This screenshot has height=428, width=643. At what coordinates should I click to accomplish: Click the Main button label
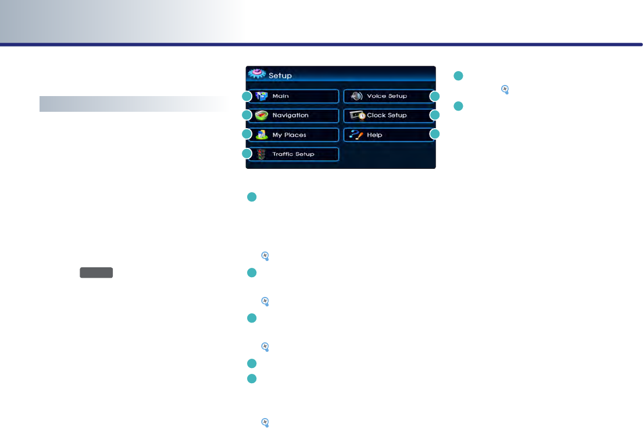point(280,96)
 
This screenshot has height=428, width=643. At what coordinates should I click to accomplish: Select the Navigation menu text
point(290,115)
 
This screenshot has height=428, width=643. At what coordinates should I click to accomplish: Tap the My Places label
point(289,135)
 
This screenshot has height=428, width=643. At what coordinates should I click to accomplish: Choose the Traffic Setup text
point(293,154)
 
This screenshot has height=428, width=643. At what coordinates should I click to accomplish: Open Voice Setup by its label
point(387,96)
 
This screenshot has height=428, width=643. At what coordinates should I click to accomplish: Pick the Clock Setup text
point(387,115)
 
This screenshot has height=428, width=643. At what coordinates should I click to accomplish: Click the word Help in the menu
point(374,135)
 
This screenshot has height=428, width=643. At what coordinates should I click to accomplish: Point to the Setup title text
point(280,76)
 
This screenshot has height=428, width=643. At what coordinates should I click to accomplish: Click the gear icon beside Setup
point(257,74)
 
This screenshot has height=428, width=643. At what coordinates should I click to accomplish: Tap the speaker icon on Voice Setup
point(356,96)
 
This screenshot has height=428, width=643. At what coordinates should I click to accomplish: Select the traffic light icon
point(262,154)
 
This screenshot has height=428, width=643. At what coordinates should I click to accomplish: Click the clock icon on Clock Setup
point(357,115)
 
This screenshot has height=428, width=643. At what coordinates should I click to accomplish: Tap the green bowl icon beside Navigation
point(262,115)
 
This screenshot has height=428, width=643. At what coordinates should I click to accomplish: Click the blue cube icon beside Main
point(262,96)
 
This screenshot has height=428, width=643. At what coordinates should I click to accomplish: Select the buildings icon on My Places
point(262,135)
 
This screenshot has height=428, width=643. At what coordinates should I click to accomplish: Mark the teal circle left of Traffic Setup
point(247,154)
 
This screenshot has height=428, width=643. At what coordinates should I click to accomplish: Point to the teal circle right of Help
point(434,135)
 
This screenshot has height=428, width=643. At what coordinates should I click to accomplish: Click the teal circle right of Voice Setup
point(434,95)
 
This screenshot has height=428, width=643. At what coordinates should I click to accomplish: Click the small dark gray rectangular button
point(97,273)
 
